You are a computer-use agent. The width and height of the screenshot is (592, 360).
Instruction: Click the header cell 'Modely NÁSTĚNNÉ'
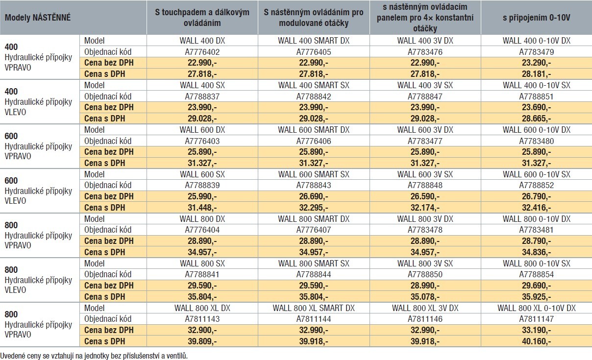pos(38,18)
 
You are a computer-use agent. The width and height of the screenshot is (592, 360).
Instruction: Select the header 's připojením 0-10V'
pos(536,18)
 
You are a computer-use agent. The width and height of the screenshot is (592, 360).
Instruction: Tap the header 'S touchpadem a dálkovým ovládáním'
pos(202,18)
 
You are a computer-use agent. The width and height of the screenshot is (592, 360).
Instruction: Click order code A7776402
pos(202,51)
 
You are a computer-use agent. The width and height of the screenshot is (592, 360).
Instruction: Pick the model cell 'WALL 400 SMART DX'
pos(314,41)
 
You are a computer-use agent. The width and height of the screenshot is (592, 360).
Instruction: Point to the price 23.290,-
pos(536,63)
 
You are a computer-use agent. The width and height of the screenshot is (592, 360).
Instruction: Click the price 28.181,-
pos(536,74)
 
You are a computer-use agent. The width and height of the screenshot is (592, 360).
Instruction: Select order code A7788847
pos(425,96)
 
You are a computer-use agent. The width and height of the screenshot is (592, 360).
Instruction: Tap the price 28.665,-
pos(536,119)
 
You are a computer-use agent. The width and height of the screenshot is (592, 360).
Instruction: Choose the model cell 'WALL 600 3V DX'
pos(425,130)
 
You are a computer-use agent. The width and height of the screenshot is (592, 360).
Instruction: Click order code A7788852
pos(536,185)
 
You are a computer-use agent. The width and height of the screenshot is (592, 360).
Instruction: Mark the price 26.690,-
pos(314,196)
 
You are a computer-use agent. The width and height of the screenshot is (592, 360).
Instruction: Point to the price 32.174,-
pos(425,208)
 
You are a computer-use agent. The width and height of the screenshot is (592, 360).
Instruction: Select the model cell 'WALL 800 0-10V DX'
pos(536,219)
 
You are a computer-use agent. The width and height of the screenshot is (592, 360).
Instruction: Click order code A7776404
pos(202,230)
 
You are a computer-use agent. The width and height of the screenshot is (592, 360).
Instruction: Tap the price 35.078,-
pos(425,297)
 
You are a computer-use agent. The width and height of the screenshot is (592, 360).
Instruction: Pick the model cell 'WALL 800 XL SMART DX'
pos(314,308)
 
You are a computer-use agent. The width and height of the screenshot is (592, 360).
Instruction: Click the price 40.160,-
pos(536,341)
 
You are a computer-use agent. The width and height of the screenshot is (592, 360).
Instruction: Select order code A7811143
pos(202,319)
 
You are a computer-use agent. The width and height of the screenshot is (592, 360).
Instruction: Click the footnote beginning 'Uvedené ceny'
pos(94,356)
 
